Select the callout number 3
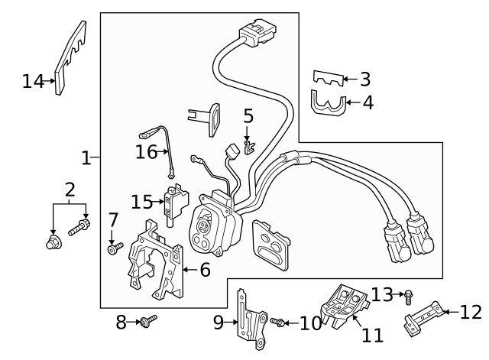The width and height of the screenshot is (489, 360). pos(365,78)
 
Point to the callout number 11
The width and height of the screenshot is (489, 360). pos(371,336)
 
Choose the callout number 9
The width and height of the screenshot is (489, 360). pos(219,323)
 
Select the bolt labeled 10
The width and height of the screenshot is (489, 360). pos(278,323)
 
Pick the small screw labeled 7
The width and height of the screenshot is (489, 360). pos(115,248)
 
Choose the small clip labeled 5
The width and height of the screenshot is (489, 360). pos(248,143)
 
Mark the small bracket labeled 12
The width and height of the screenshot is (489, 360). pos(423,316)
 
